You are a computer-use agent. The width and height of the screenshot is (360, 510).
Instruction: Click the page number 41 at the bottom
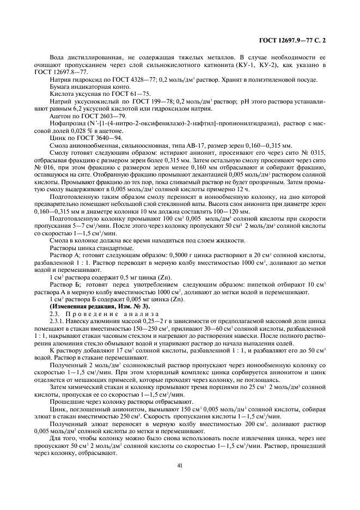pos(180,465)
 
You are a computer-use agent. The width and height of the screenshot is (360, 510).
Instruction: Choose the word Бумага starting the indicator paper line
pos(61,87)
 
